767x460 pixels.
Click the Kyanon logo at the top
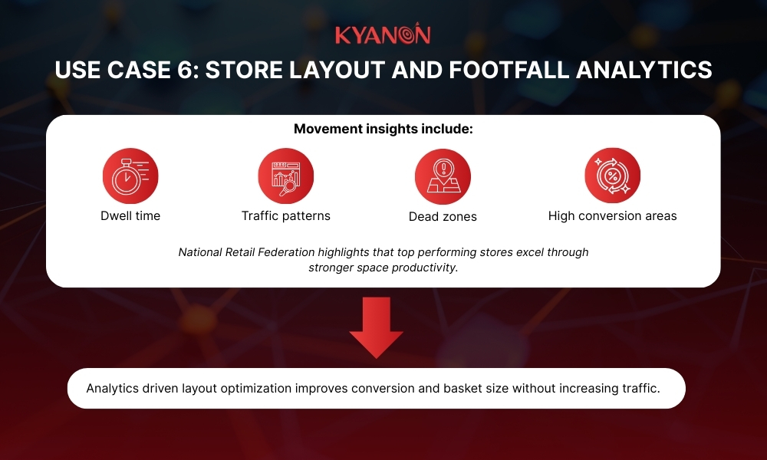pos(383,34)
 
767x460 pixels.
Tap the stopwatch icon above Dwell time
pos(130,176)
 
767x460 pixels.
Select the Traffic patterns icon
pos(285,176)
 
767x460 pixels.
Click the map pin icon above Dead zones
pos(443,176)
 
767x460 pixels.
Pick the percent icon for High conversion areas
pos(612,176)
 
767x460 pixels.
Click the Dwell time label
pos(130,216)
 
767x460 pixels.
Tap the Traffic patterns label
pos(285,216)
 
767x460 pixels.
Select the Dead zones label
pos(443,217)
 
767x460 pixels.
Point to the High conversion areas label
pos(612,216)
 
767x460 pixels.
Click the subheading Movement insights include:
pos(383,129)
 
